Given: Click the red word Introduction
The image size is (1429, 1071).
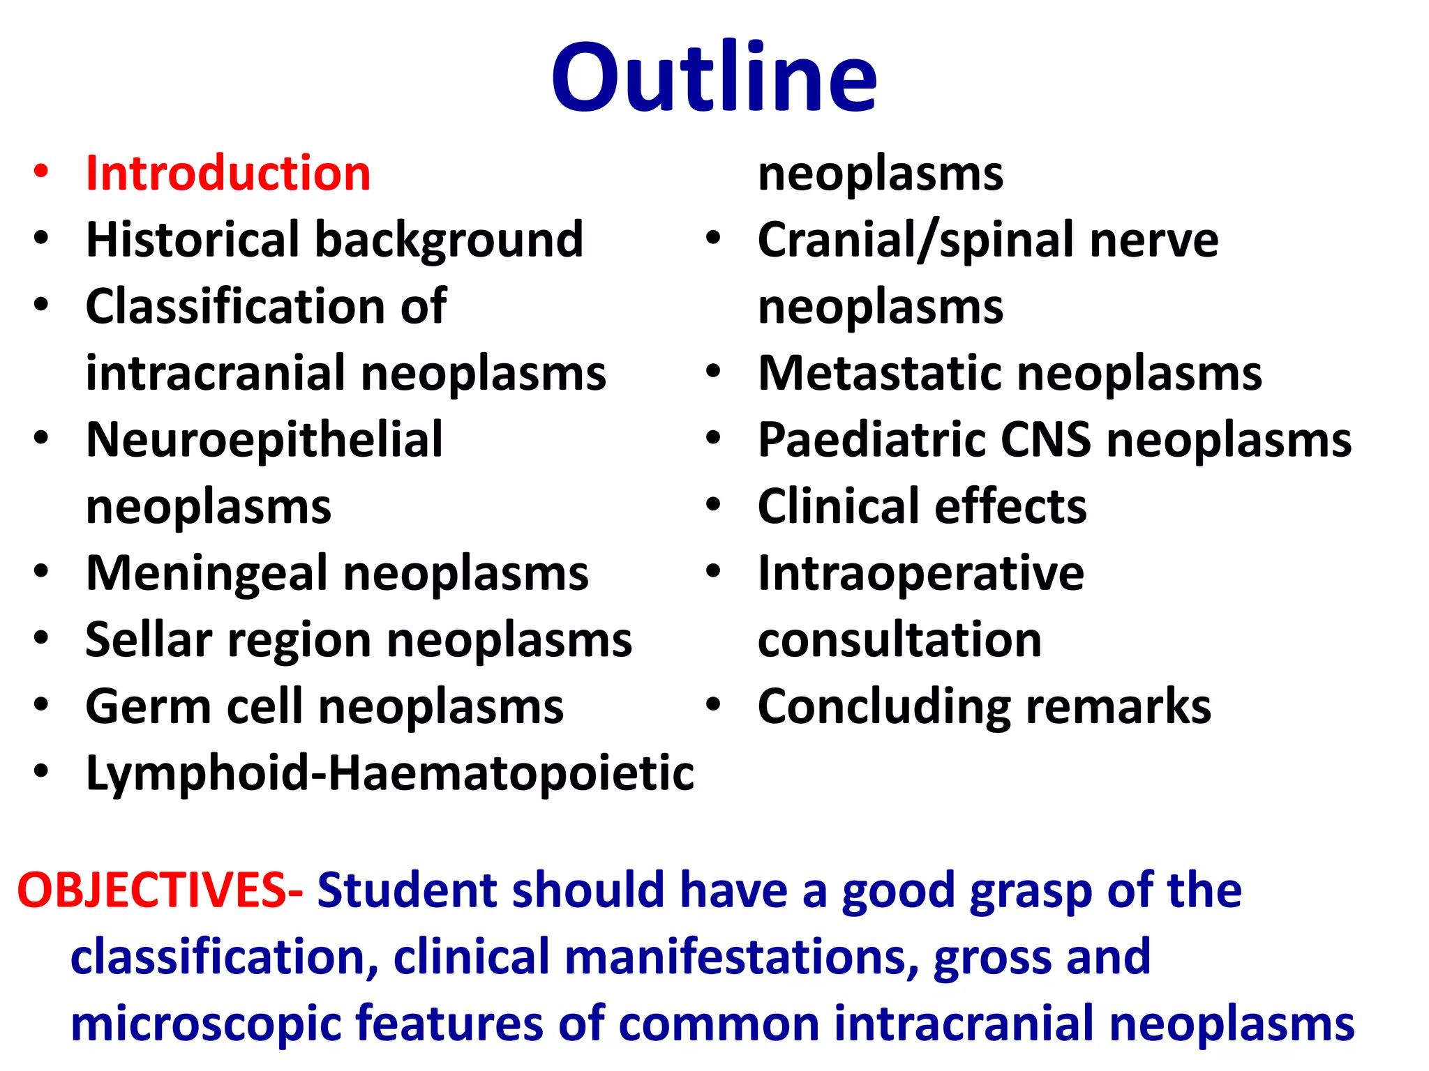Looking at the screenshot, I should pyautogui.click(x=228, y=173).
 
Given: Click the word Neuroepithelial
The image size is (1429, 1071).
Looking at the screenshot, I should pyautogui.click(x=264, y=440).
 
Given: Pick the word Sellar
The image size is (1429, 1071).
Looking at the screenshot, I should pyautogui.click(x=149, y=639).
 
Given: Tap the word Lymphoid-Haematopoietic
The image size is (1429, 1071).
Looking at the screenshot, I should pyautogui.click(x=389, y=773).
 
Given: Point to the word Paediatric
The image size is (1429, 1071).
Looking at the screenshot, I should pyautogui.click(x=872, y=440).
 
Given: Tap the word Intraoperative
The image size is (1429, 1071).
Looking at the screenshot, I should pyautogui.click(x=921, y=573).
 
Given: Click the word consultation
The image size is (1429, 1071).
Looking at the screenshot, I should pyautogui.click(x=899, y=639).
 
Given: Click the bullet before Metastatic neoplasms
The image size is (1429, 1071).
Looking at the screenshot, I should pyautogui.click(x=712, y=372).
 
